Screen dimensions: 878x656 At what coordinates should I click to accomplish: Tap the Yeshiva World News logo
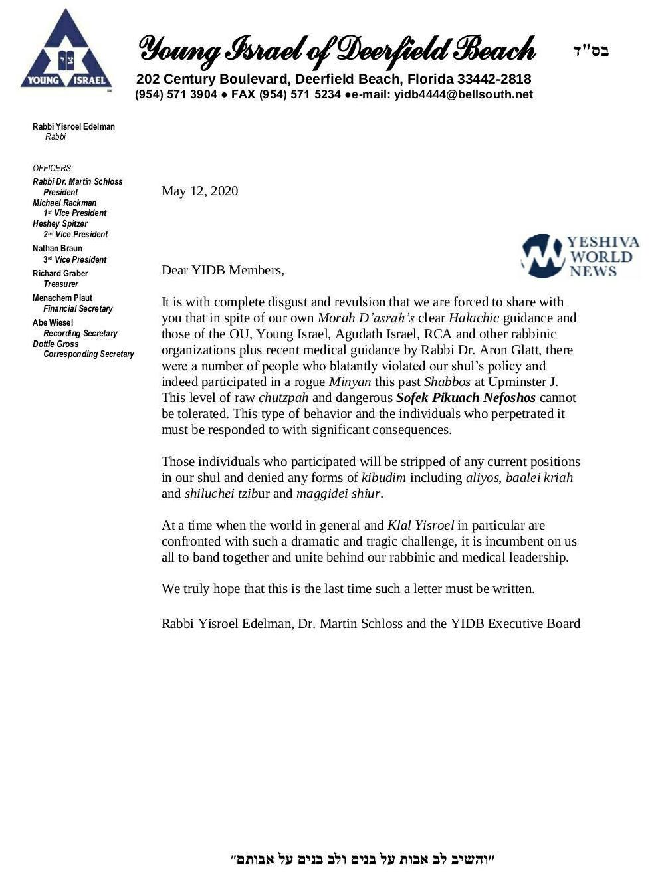(x=580, y=256)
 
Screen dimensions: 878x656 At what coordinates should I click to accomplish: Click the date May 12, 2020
(x=199, y=191)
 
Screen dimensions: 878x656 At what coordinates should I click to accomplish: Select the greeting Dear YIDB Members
(x=223, y=271)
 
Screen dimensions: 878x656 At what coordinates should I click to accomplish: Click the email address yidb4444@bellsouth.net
(x=463, y=94)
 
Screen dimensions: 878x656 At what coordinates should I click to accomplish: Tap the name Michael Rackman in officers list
(x=64, y=203)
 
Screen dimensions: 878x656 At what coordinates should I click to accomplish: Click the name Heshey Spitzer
(x=60, y=224)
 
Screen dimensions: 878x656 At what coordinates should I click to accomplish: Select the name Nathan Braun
(x=57, y=249)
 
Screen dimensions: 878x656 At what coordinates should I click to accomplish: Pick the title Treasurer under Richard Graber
(x=60, y=284)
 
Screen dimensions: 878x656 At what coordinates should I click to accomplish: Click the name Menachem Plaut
(x=62, y=298)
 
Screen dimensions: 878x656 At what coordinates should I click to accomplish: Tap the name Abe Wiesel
(x=53, y=323)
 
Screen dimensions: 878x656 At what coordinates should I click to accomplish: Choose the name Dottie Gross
(x=56, y=344)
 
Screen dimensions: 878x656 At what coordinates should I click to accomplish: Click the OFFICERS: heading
(x=53, y=169)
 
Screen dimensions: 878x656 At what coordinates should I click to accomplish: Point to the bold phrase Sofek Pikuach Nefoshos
(x=465, y=398)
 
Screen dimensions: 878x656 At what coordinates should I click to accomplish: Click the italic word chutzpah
(x=283, y=398)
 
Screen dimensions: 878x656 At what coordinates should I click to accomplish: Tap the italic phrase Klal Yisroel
(x=420, y=526)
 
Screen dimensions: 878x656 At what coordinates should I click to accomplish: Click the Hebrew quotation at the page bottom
(x=363, y=859)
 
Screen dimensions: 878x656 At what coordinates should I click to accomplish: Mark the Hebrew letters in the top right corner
(x=590, y=51)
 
